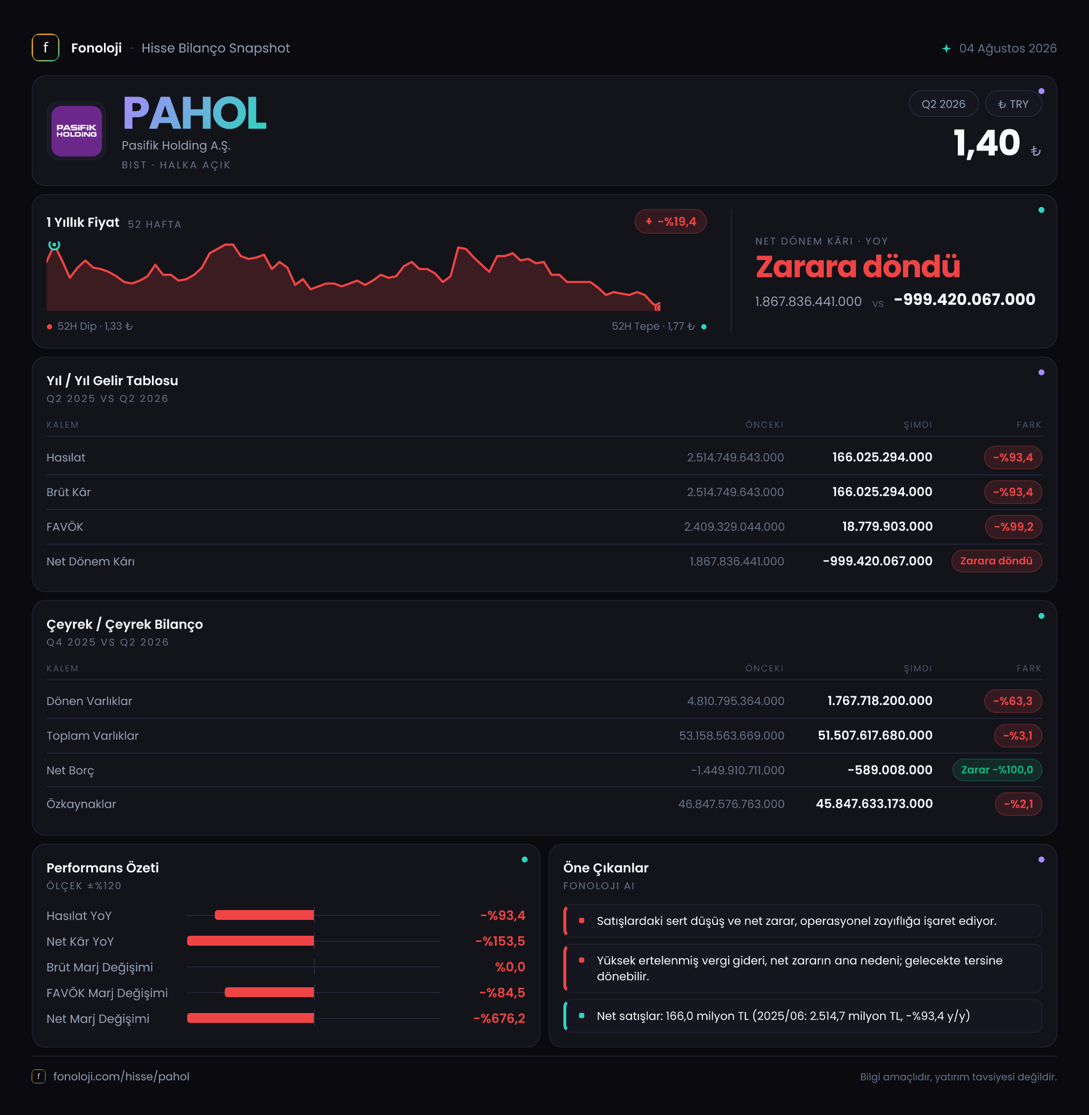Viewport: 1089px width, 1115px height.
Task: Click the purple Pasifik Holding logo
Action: (x=77, y=131)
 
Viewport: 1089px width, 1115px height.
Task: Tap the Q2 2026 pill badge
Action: (x=943, y=104)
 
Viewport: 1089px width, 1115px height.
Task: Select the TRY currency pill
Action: (x=1013, y=104)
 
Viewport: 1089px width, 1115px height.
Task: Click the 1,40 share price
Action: (x=987, y=143)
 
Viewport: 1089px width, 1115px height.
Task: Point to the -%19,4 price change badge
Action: (x=670, y=222)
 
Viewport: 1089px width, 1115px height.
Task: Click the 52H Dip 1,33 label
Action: (x=91, y=326)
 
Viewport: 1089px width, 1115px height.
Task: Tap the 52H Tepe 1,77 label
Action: (x=659, y=326)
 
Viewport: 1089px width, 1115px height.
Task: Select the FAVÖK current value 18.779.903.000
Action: (x=887, y=527)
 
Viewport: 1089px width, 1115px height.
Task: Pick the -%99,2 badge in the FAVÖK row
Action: (x=1013, y=527)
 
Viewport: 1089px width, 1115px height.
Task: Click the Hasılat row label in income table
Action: (x=66, y=457)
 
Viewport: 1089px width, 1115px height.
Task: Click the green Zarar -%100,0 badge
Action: (x=997, y=770)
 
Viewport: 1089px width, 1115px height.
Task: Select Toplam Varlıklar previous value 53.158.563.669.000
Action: (x=732, y=736)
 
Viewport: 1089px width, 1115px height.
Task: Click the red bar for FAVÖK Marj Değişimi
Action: (x=269, y=993)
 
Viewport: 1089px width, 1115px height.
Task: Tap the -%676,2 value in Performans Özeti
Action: (x=499, y=1018)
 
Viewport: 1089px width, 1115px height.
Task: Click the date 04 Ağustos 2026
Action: (x=1008, y=49)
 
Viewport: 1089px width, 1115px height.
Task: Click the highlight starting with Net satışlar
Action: (x=784, y=1016)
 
